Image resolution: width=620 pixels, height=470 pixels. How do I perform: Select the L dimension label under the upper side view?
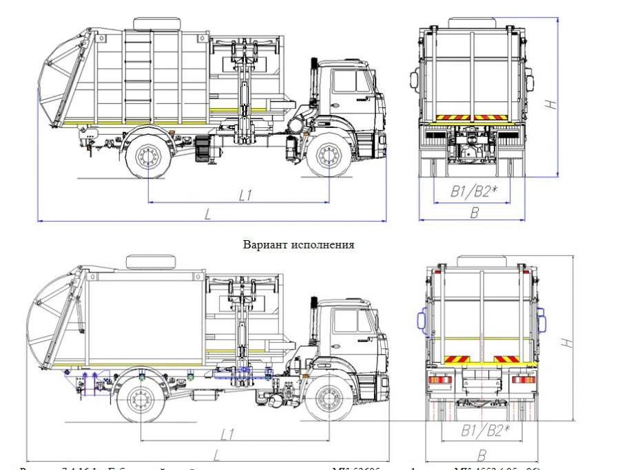[x=207, y=213]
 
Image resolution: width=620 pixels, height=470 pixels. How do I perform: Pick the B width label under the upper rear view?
[x=474, y=213]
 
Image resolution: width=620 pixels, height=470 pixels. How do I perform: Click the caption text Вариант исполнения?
[x=298, y=244]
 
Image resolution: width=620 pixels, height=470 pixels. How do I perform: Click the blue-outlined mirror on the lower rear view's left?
[x=419, y=320]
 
